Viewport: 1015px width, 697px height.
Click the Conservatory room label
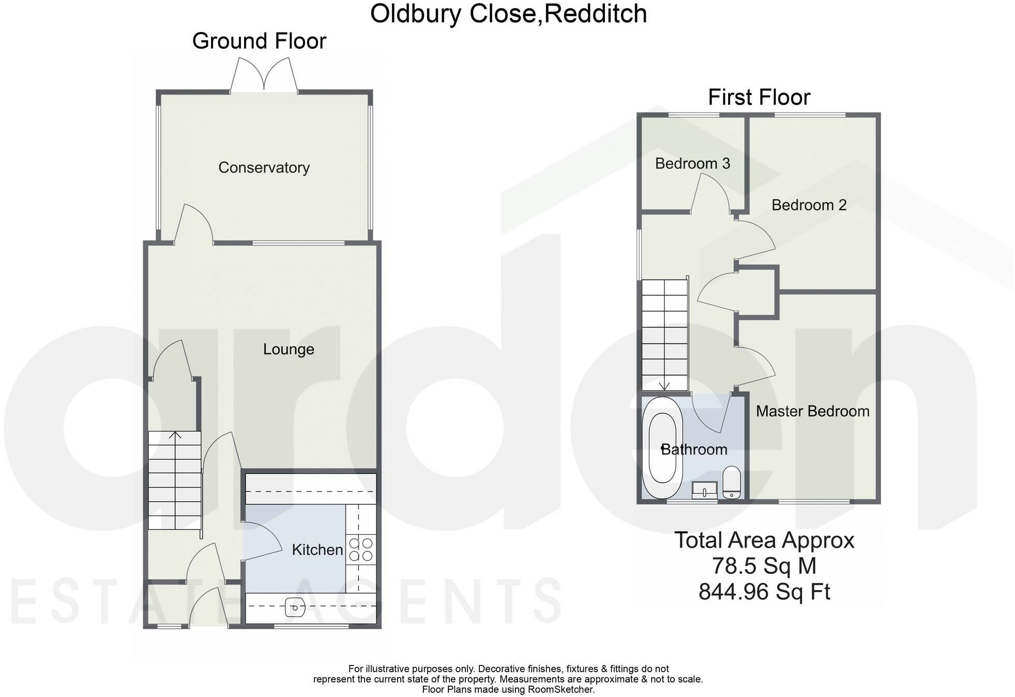pyautogui.click(x=264, y=167)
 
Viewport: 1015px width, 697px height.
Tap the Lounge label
pyautogui.click(x=289, y=349)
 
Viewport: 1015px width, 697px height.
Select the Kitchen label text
pyautogui.click(x=317, y=549)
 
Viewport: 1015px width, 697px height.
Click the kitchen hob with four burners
pyautogui.click(x=361, y=549)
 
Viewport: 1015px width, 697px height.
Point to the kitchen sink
pyautogui.click(x=294, y=608)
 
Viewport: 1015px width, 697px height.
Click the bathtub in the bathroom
pyautogui.click(x=662, y=447)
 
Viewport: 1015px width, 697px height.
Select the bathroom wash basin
pyautogui.click(x=704, y=490)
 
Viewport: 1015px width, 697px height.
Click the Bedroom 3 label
pyautogui.click(x=692, y=163)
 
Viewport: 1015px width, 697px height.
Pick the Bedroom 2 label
pyautogui.click(x=809, y=205)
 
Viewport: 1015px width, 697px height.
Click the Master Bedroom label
pyautogui.click(x=812, y=411)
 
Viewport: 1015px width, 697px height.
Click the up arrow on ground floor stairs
pyautogui.click(x=175, y=436)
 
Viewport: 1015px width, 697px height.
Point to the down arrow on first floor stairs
pyautogui.click(x=664, y=385)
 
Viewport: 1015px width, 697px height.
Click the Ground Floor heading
pyautogui.click(x=259, y=41)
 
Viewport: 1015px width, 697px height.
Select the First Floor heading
pyautogui.click(x=759, y=97)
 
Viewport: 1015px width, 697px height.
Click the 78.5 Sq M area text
pyautogui.click(x=764, y=566)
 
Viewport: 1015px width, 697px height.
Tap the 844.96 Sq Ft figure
pyautogui.click(x=764, y=592)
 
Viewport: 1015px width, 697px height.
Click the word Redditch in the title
pyautogui.click(x=595, y=13)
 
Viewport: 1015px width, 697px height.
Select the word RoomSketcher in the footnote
pyautogui.click(x=560, y=689)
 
